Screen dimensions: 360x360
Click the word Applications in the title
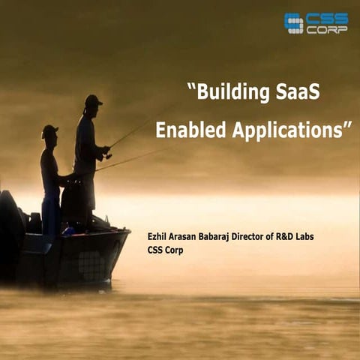(x=289, y=130)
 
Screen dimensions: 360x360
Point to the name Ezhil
(x=158, y=238)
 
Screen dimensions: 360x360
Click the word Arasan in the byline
(x=187, y=238)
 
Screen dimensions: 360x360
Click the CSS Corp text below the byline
(x=165, y=250)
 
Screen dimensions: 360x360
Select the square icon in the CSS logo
(x=293, y=23)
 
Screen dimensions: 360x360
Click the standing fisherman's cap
(x=93, y=99)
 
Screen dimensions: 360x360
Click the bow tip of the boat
(x=128, y=232)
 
